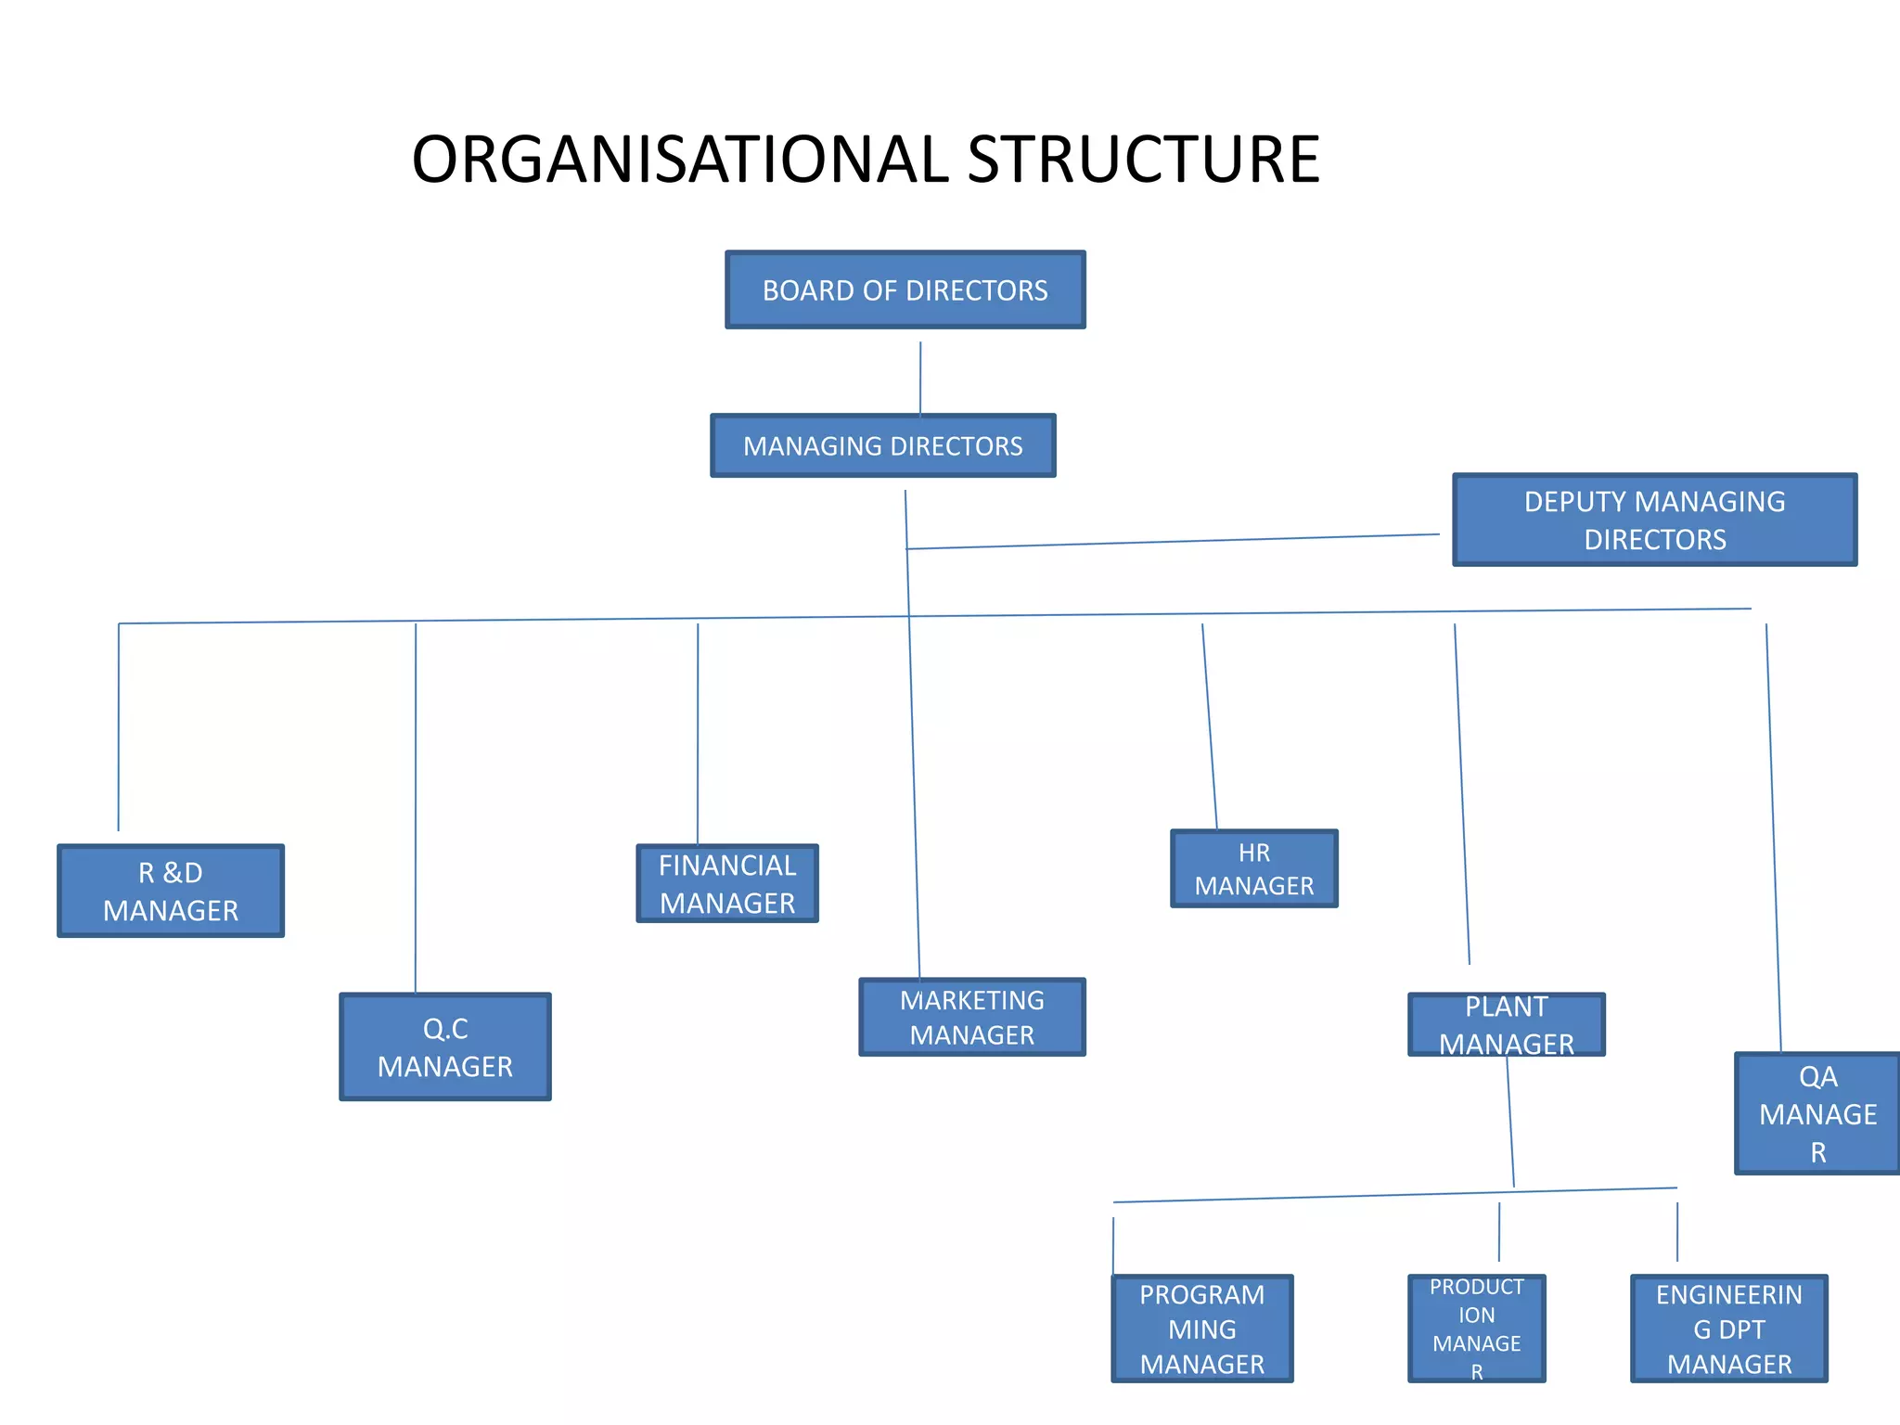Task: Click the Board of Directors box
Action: [x=905, y=290]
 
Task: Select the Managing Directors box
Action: [x=882, y=446]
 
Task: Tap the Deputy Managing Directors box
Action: [x=1654, y=520]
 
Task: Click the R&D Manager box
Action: [x=171, y=892]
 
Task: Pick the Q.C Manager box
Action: [x=445, y=1047]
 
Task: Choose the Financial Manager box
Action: [x=727, y=884]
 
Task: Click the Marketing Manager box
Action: [x=971, y=1018]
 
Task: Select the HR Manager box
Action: [x=1253, y=869]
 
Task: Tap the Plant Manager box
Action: [x=1506, y=1025]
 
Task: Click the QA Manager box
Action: [x=1817, y=1114]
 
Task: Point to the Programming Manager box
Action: [x=1201, y=1329]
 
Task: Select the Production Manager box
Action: [x=1476, y=1329]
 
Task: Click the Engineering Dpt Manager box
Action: [x=1728, y=1329]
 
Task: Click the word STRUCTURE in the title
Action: [x=1143, y=160]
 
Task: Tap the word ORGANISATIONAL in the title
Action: [x=680, y=160]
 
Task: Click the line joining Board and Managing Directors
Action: [x=920, y=379]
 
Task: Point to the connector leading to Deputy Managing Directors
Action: [x=1173, y=542]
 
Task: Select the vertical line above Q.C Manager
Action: [x=416, y=807]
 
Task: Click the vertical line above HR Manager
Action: [x=1210, y=727]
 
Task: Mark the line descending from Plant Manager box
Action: [x=1510, y=1123]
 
